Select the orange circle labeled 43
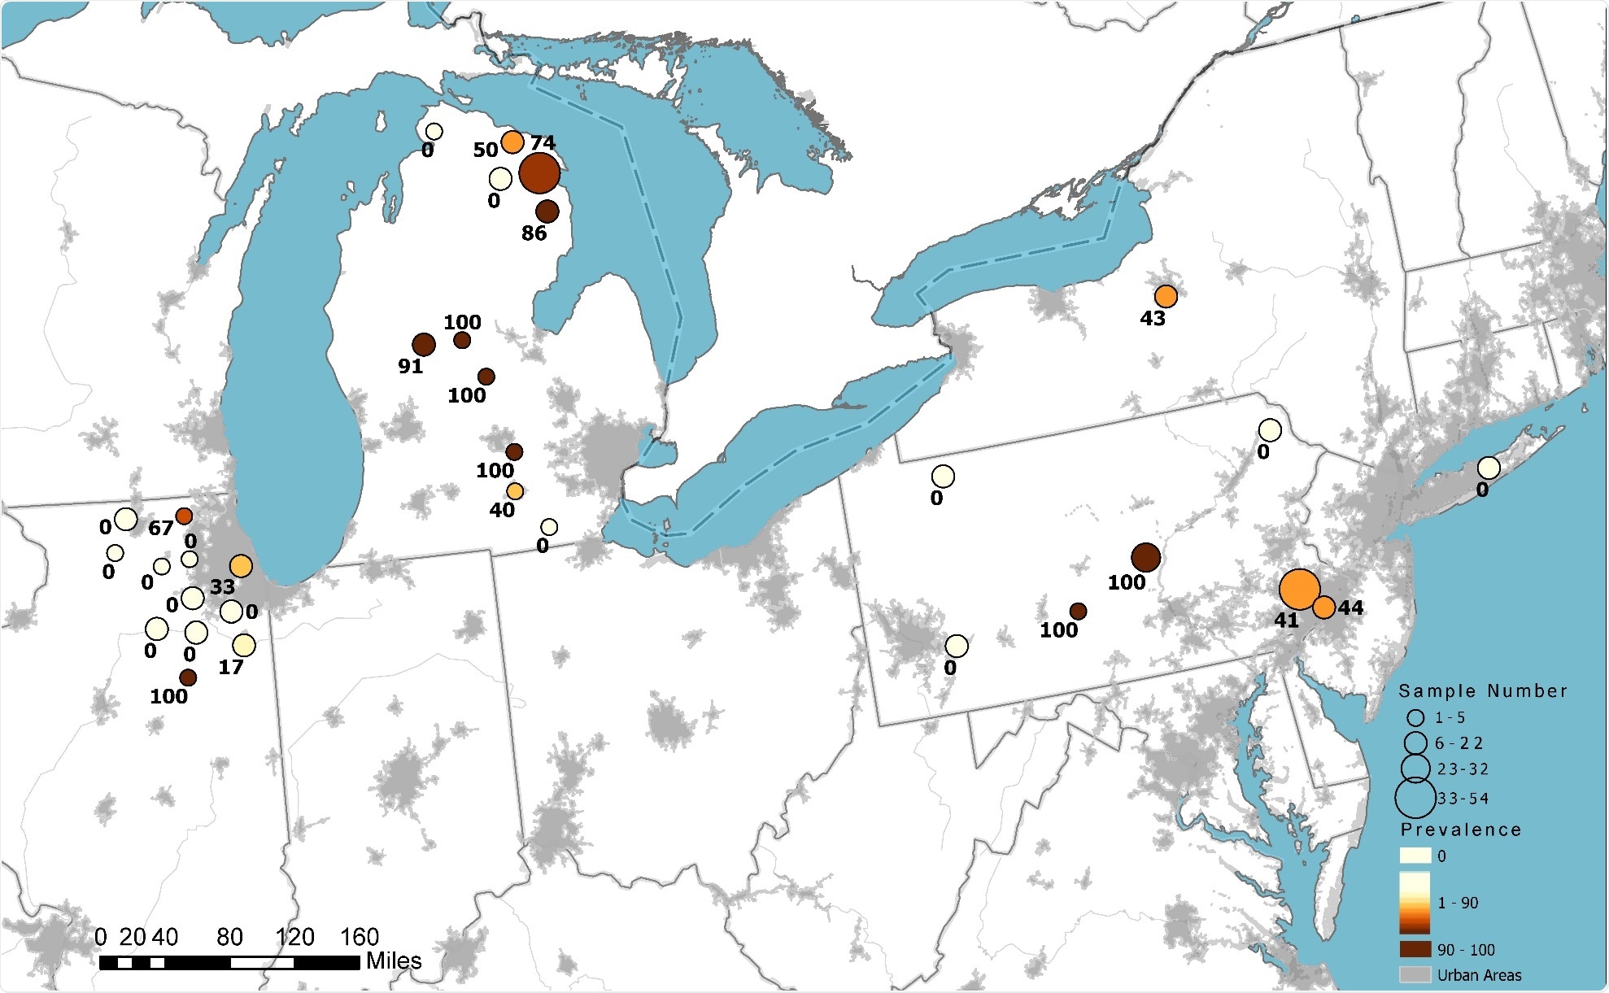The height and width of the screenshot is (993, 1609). click(x=1166, y=296)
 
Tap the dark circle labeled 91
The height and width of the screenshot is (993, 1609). click(x=423, y=345)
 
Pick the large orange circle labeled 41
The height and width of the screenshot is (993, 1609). click(x=1299, y=590)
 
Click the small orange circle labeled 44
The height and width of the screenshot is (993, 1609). click(x=1323, y=607)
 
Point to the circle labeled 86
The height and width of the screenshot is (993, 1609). click(x=547, y=211)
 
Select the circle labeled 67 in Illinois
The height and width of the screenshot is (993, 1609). click(x=184, y=516)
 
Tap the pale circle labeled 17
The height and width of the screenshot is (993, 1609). click(x=244, y=646)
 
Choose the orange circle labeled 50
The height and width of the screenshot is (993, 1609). click(x=512, y=142)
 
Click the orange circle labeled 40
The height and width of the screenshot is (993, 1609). click(x=515, y=491)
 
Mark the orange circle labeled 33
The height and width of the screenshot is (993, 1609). click(x=241, y=566)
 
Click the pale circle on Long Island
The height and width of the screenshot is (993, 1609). click(x=1489, y=468)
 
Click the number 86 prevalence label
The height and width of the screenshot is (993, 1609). click(x=534, y=233)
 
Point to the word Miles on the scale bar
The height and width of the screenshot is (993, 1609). click(x=394, y=960)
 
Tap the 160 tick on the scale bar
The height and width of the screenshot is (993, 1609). click(x=360, y=938)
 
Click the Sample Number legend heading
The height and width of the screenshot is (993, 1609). click(x=1483, y=691)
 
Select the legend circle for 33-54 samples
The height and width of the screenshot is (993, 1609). click(x=1415, y=798)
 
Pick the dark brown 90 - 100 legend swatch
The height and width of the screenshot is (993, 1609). click(x=1415, y=949)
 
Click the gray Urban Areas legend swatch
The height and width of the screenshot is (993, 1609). click(x=1415, y=974)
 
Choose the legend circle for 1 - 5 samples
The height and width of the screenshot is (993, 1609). click(x=1416, y=718)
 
